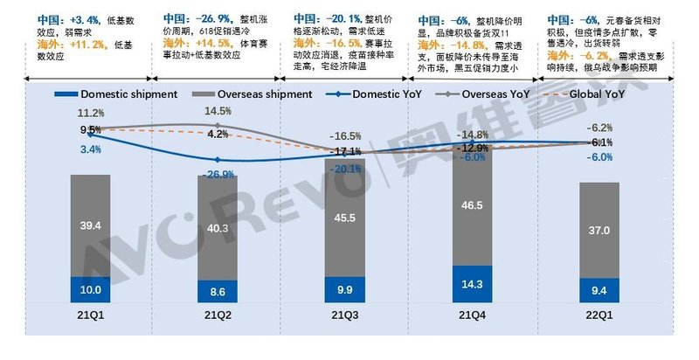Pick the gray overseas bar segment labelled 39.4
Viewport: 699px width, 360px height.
pyautogui.click(x=92, y=225)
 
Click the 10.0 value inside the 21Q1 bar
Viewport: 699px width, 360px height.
pyautogui.click(x=92, y=289)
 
